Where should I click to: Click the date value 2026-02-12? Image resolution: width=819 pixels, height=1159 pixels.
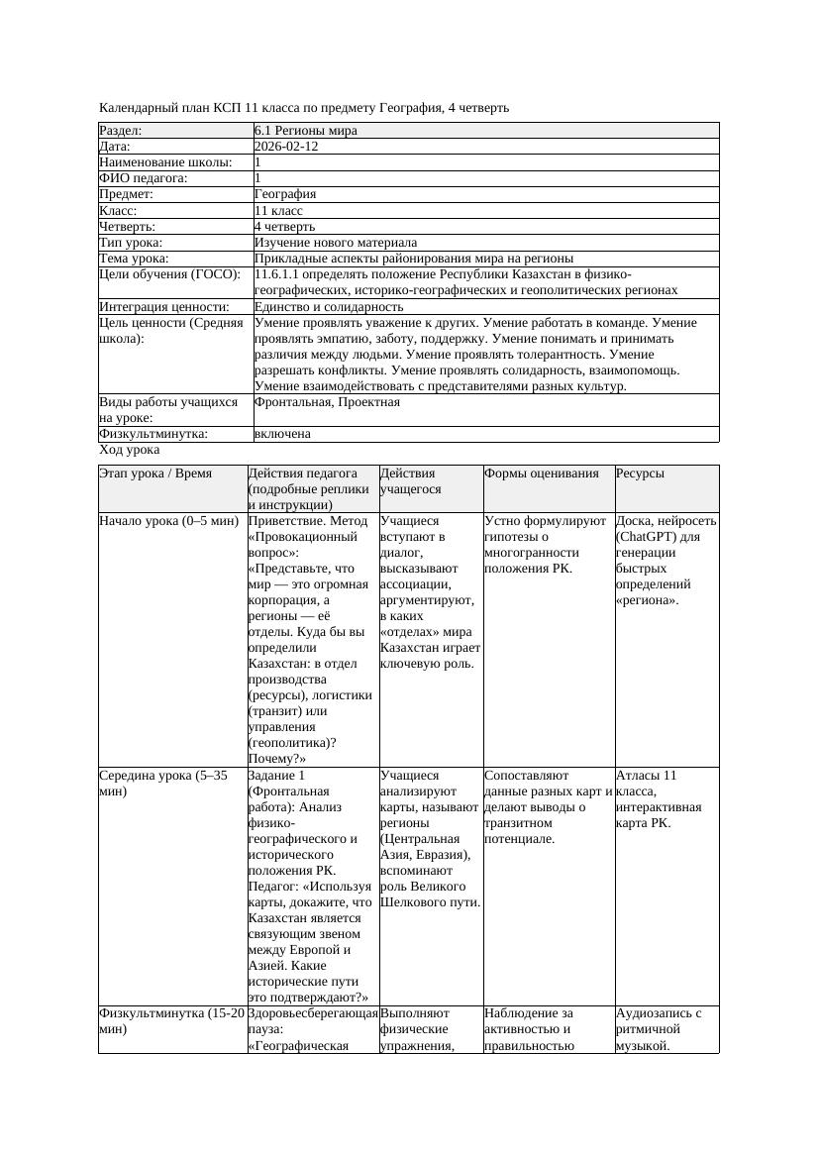[x=286, y=147]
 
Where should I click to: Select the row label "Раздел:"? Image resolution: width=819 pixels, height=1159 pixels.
[x=121, y=131]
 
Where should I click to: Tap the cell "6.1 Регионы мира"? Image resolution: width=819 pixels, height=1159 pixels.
[x=305, y=131]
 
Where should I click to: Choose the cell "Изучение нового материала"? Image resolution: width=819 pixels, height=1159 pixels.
[x=336, y=243]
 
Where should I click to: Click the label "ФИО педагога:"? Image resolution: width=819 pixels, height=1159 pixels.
[x=144, y=178]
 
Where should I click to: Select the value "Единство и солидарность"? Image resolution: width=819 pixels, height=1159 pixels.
[x=329, y=307]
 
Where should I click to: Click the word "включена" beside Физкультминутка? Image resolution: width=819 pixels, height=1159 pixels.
[x=282, y=434]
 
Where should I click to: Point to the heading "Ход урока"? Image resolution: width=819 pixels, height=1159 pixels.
[x=130, y=450]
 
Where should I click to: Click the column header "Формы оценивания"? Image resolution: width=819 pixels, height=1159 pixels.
[x=542, y=474]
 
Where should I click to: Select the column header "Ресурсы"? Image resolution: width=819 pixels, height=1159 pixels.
[x=640, y=474]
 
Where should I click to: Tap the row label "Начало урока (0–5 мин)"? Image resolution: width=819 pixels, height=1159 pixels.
[x=168, y=520]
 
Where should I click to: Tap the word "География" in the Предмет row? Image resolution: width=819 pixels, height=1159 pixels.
[x=284, y=194]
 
